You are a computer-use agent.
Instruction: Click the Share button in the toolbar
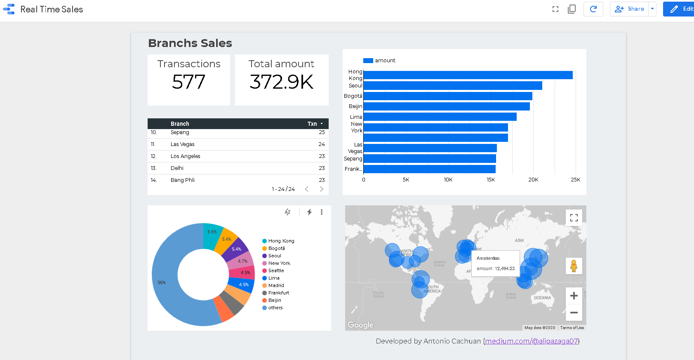[629, 9]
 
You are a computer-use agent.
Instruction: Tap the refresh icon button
[593, 9]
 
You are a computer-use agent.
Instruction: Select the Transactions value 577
[188, 82]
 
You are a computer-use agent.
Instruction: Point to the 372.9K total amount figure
[282, 82]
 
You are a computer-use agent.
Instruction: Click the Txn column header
[312, 124]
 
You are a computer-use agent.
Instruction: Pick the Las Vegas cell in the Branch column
[183, 144]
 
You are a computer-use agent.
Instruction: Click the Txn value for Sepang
[322, 132]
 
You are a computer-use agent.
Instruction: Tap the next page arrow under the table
[322, 189]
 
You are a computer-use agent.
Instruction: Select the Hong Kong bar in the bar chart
[468, 75]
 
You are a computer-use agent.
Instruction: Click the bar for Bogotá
[448, 96]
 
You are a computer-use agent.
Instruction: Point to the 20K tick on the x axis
[533, 180]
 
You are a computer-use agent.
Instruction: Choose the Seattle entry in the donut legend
[276, 271]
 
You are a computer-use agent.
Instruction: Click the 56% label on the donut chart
[162, 282]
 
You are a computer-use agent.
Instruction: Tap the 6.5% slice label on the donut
[212, 232]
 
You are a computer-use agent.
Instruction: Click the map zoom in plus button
[574, 296]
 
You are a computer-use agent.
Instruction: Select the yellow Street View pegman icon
[574, 266]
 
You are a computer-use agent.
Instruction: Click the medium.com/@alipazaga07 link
[532, 341]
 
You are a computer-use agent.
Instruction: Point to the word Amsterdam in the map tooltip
[488, 258]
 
